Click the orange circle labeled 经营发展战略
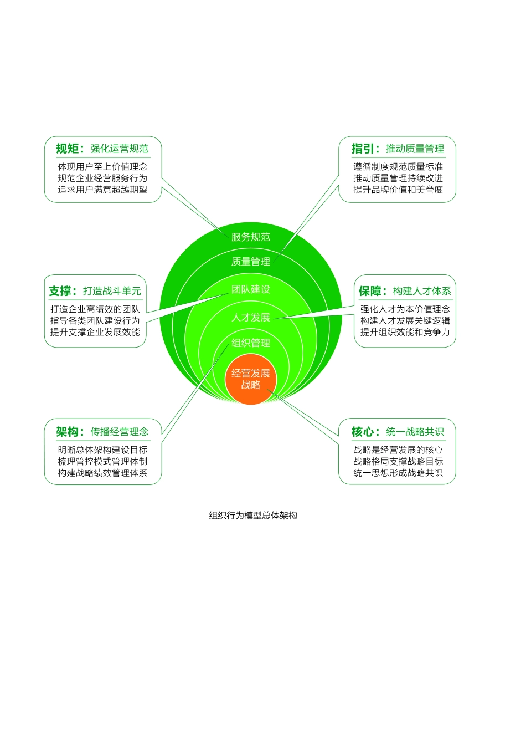(251, 379)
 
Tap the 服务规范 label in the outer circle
(251, 237)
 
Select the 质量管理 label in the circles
(251, 262)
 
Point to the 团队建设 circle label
(251, 289)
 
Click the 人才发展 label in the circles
(251, 318)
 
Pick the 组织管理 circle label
(251, 343)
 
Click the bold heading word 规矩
(68, 149)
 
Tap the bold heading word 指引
(363, 149)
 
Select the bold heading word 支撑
(60, 291)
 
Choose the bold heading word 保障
(370, 291)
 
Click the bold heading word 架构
(68, 432)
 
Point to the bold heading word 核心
(363, 432)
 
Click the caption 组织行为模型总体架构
(253, 516)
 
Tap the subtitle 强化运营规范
(120, 149)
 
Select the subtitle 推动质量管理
(415, 149)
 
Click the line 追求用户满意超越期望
(103, 190)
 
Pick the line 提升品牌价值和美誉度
(398, 190)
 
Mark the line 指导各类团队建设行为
(95, 320)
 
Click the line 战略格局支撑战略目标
(398, 461)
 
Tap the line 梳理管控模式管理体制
(103, 461)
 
